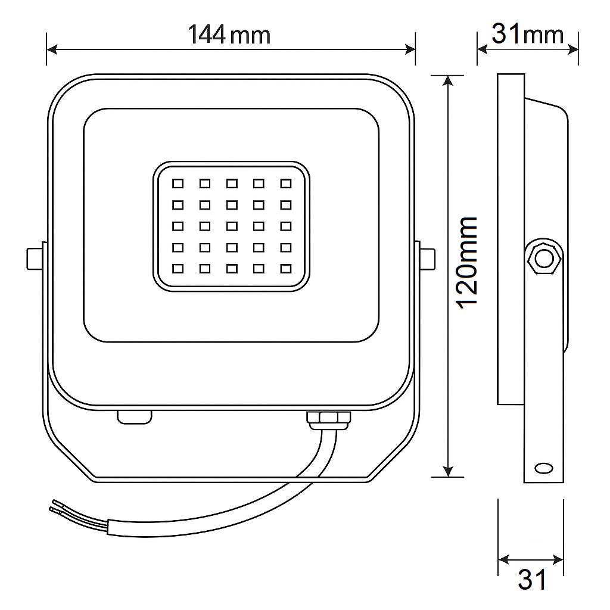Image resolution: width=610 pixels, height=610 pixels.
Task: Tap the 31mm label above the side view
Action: click(x=527, y=34)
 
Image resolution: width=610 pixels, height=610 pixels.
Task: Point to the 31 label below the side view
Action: click(x=531, y=579)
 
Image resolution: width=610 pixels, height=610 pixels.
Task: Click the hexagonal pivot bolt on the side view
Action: click(x=543, y=259)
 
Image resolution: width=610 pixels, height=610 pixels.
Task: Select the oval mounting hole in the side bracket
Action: click(x=543, y=468)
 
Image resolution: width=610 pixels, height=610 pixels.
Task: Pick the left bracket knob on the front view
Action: click(x=35, y=259)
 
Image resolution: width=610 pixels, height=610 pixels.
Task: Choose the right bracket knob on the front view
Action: click(x=427, y=259)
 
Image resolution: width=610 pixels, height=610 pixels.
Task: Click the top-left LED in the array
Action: click(x=178, y=183)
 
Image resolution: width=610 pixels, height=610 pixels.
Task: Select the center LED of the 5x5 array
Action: click(x=232, y=226)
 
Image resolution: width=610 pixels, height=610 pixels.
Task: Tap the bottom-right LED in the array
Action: click(x=286, y=269)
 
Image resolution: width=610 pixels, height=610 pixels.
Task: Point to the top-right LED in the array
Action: click(x=286, y=183)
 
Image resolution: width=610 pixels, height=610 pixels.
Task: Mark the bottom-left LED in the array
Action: click(x=178, y=269)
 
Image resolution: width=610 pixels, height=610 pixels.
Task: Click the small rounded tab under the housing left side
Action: click(x=134, y=416)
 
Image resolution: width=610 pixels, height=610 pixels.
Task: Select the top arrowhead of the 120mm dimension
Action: click(x=447, y=80)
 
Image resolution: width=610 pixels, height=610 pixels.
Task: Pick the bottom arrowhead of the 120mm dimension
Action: click(x=447, y=472)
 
